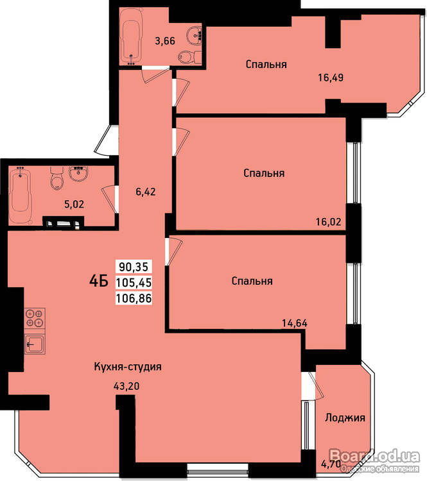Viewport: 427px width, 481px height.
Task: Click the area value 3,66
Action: tap(165, 40)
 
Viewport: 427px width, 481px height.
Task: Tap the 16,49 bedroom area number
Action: tap(331, 78)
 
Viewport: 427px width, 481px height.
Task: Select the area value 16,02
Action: tap(328, 221)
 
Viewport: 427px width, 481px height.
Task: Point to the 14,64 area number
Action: tap(295, 323)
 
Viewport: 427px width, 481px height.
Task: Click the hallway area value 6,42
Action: tap(146, 192)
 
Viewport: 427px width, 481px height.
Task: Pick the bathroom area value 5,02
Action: tap(74, 204)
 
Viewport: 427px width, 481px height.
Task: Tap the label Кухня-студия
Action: tap(128, 367)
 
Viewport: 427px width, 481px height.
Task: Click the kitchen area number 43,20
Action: tap(126, 386)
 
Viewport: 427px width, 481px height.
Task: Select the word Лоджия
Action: tap(345, 418)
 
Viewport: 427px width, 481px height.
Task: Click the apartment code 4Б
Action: tap(99, 280)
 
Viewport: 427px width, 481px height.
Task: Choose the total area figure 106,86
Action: tap(134, 298)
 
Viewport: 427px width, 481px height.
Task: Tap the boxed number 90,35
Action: tap(134, 267)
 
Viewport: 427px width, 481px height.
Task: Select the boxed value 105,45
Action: tap(134, 282)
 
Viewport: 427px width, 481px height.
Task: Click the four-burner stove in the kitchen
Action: tap(35, 318)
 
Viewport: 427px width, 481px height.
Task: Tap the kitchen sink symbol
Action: tap(35, 344)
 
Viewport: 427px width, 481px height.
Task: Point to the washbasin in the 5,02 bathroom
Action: tap(78, 173)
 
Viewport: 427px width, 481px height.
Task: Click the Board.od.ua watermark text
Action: tap(374, 456)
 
